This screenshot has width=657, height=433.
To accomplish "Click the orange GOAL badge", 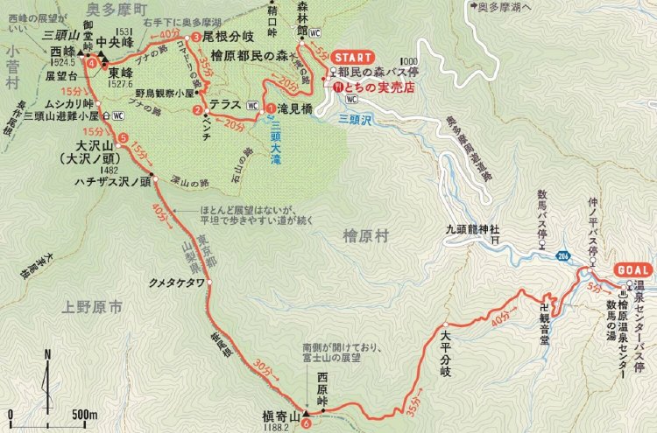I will click(x=632, y=269).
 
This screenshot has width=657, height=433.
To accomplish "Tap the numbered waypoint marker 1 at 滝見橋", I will click(x=272, y=108).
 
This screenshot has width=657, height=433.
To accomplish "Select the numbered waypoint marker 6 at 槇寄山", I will click(x=306, y=425).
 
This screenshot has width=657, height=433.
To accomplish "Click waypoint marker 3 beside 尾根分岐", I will click(x=196, y=38).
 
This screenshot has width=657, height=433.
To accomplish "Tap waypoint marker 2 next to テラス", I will click(x=198, y=109).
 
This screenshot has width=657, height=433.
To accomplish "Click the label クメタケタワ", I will click(x=177, y=283).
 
